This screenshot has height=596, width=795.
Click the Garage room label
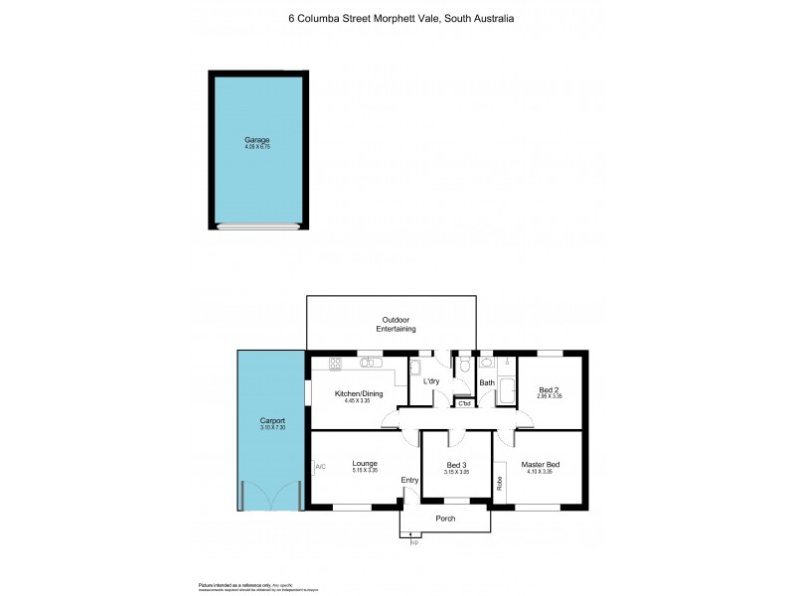click(257, 140)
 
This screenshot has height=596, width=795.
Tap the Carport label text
click(271, 420)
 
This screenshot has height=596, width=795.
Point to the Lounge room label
click(364, 463)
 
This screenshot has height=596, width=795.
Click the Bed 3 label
click(456, 465)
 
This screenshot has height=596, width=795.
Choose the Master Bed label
click(541, 465)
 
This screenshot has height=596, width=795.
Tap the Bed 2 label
click(550, 389)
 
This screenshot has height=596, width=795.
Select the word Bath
click(487, 382)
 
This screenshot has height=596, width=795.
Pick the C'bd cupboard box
click(464, 402)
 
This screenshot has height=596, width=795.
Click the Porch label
click(445, 519)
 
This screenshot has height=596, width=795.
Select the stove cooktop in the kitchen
click(336, 363)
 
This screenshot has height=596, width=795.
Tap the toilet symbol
click(464, 367)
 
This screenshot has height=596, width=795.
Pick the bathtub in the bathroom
click(508, 390)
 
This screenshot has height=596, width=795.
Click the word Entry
click(409, 481)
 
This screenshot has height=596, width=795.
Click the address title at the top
click(400, 18)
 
